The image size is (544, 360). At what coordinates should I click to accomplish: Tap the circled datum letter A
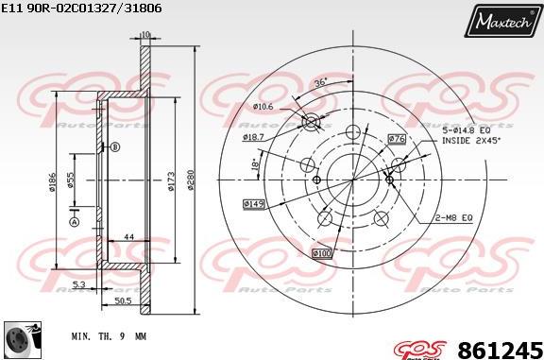point(73,221)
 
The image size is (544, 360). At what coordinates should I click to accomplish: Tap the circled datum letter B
point(115,146)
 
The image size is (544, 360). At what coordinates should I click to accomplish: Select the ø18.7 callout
point(252,137)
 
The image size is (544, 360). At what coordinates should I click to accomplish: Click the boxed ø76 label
point(397,139)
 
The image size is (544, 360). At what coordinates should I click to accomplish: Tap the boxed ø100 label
point(322,252)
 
